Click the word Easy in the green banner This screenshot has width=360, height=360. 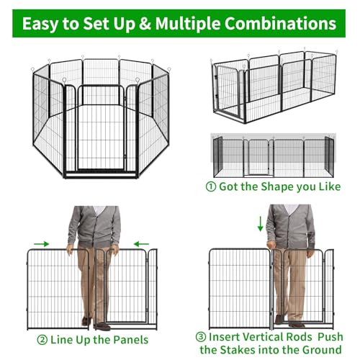click(x=40, y=24)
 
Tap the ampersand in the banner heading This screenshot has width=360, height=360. click(x=145, y=24)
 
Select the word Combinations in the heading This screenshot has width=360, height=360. click(x=280, y=24)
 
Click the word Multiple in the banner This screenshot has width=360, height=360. click(x=188, y=24)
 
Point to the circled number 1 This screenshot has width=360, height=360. click(x=211, y=186)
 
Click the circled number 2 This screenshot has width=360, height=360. click(x=42, y=340)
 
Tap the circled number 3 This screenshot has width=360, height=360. click(x=201, y=337)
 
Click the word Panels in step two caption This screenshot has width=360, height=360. click(x=131, y=340)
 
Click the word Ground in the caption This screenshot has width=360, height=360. click(x=322, y=350)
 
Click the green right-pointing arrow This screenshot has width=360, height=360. click(x=41, y=244)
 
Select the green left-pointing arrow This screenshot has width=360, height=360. click(x=141, y=244)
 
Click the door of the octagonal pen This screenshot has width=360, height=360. click(x=101, y=128)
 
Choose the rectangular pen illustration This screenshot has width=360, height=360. click(x=274, y=86)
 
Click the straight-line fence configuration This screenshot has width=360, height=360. click(x=274, y=156)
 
